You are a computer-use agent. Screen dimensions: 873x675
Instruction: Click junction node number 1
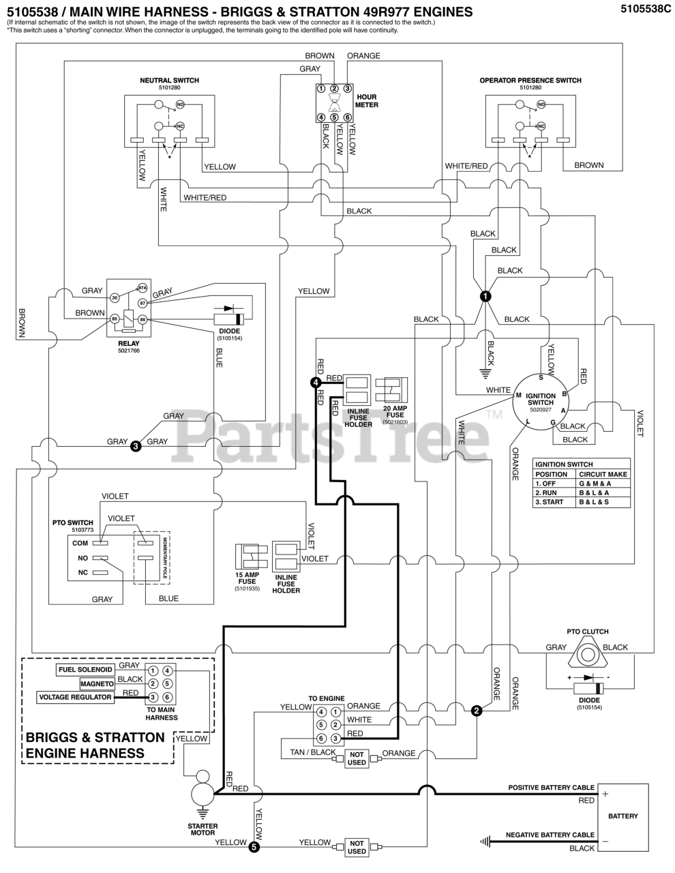pyautogui.click(x=485, y=296)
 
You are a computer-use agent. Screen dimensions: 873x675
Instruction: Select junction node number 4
pyautogui.click(x=316, y=383)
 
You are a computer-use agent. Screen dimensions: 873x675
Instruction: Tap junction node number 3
pyautogui.click(x=136, y=447)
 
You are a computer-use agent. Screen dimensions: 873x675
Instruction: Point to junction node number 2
pyautogui.click(x=477, y=711)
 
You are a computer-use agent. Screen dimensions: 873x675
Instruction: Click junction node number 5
pyautogui.click(x=254, y=848)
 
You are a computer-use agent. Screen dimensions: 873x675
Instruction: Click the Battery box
pyautogui.click(x=622, y=816)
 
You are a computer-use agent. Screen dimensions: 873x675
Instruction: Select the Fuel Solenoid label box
pyautogui.click(x=85, y=670)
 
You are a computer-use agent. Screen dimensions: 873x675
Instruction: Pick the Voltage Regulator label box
pyautogui.click(x=76, y=697)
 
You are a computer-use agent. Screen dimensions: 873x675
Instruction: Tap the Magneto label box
pyautogui.click(x=97, y=683)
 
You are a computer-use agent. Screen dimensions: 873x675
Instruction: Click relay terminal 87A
pyautogui.click(x=142, y=288)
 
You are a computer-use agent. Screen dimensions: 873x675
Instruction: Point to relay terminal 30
pyautogui.click(x=115, y=297)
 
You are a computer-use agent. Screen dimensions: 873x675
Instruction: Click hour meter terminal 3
pyautogui.click(x=347, y=88)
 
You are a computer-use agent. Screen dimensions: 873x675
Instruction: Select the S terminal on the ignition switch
pyautogui.click(x=541, y=376)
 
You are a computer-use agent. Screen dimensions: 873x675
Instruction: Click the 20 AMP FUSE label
pyautogui.click(x=395, y=411)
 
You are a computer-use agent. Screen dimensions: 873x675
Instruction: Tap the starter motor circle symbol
pyautogui.click(x=202, y=793)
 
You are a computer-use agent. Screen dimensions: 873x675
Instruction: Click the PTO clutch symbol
pyautogui.click(x=586, y=655)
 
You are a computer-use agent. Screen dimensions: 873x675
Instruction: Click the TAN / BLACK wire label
pyautogui.click(x=313, y=753)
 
